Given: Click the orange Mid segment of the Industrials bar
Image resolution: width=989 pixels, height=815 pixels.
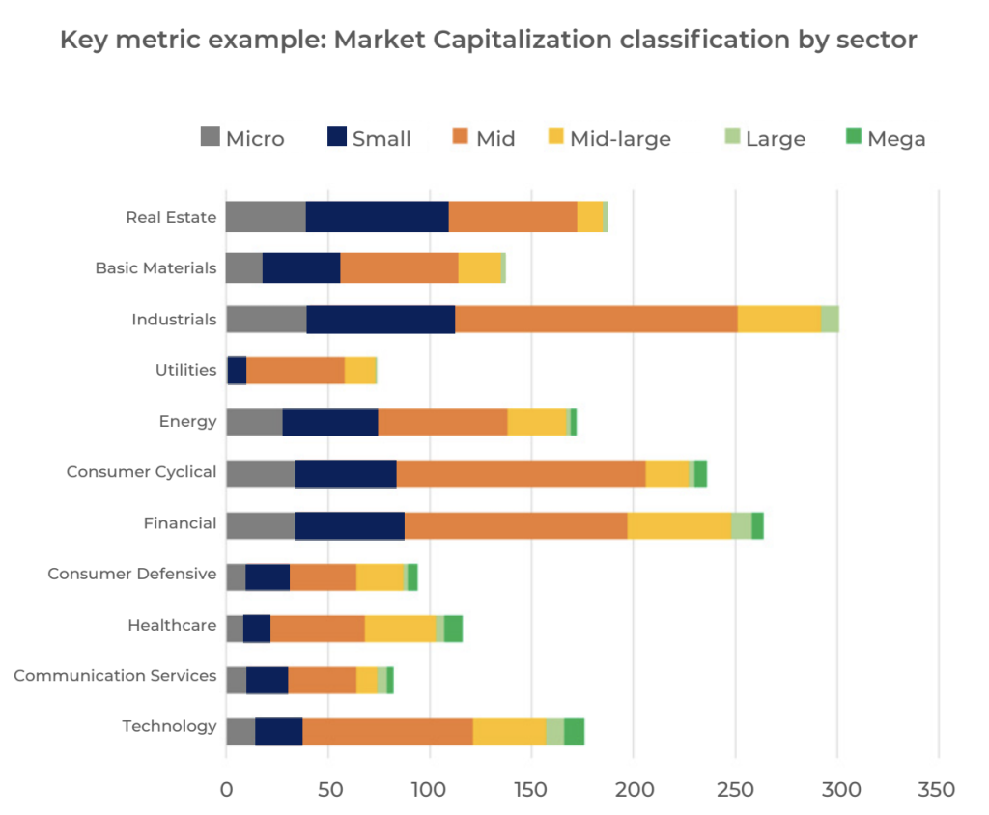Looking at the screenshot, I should pyautogui.click(x=596, y=319).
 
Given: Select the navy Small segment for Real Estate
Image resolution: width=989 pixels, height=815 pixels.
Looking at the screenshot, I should pyautogui.click(x=377, y=217).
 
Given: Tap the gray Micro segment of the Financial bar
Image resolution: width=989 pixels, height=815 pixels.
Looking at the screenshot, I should pyautogui.click(x=260, y=525).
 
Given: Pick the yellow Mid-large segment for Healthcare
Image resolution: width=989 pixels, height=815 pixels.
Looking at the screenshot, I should pyautogui.click(x=400, y=629).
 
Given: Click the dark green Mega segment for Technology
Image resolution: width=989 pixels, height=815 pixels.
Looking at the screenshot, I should pyautogui.click(x=574, y=731).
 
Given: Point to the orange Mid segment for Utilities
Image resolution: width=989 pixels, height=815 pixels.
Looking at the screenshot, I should pyautogui.click(x=296, y=371).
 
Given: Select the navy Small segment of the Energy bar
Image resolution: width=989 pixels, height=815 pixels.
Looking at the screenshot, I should pyautogui.click(x=330, y=422).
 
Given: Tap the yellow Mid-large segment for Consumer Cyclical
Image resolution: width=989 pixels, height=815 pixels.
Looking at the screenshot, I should pyautogui.click(x=667, y=473).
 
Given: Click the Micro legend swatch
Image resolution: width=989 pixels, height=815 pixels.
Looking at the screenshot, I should pyautogui.click(x=211, y=137).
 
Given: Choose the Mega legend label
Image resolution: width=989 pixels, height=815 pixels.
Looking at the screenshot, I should pyautogui.click(x=896, y=139).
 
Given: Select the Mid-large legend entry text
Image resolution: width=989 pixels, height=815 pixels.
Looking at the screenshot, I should pyautogui.click(x=620, y=139).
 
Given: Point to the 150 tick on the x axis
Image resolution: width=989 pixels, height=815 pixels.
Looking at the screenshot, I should pyautogui.click(x=531, y=790).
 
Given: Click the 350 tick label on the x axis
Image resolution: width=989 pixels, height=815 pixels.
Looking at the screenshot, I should pyautogui.click(x=937, y=790).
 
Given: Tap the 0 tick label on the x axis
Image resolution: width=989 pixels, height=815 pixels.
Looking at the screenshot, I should pyautogui.click(x=226, y=790).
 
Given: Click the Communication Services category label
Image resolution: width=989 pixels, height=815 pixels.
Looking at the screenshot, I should pyautogui.click(x=115, y=676).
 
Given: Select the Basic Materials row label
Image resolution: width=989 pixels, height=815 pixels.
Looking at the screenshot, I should pyautogui.click(x=155, y=268).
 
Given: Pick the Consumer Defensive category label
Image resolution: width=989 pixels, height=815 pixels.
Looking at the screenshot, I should pyautogui.click(x=132, y=574).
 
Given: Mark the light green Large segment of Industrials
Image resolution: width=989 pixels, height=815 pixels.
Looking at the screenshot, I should pyautogui.click(x=830, y=319).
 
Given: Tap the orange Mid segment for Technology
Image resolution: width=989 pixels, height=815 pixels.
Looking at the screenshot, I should pyautogui.click(x=387, y=731).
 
